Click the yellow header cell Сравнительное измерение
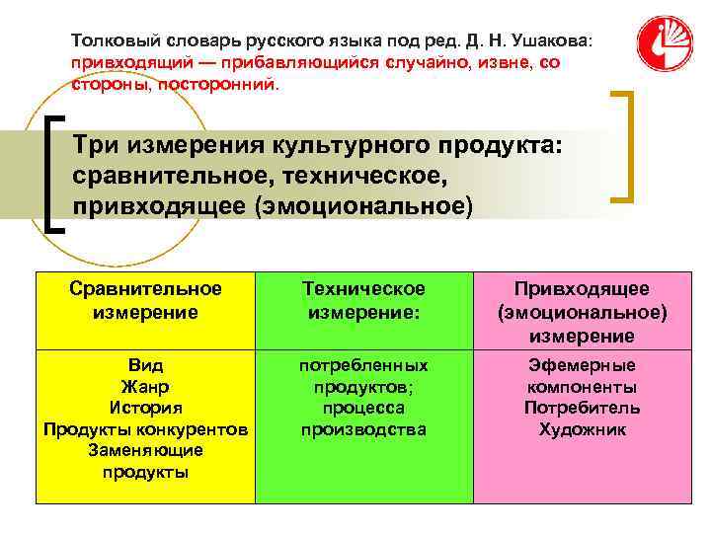pos(145,299)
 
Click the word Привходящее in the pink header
pos(582,288)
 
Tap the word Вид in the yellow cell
pos(145,364)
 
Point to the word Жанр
pos(145,386)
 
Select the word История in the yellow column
pos(145,407)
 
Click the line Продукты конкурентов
pos(145,428)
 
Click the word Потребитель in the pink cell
pos(582,408)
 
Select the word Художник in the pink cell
pos(582,429)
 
